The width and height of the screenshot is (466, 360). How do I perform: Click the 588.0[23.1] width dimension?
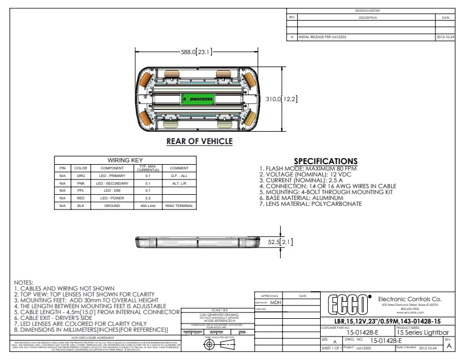click(x=197, y=52)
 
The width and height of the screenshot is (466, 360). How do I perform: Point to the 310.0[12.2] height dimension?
click(x=282, y=99)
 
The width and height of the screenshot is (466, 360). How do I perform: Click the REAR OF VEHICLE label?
click(x=199, y=141)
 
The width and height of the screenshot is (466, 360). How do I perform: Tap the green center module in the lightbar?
click(x=199, y=99)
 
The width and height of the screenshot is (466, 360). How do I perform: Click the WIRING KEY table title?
click(x=125, y=160)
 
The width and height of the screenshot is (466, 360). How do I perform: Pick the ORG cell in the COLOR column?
click(x=81, y=175)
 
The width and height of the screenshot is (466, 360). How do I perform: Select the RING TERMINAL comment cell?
click(x=178, y=206)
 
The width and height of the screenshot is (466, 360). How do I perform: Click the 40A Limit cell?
click(x=148, y=206)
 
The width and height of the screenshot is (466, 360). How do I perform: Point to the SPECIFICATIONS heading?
click(x=325, y=161)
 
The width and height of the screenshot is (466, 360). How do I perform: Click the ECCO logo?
click(x=348, y=305)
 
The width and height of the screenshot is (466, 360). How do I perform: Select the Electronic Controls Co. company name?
click(x=410, y=299)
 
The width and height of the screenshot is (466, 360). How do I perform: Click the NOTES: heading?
click(x=24, y=282)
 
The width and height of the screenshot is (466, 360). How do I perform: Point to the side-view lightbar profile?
click(x=199, y=241)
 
